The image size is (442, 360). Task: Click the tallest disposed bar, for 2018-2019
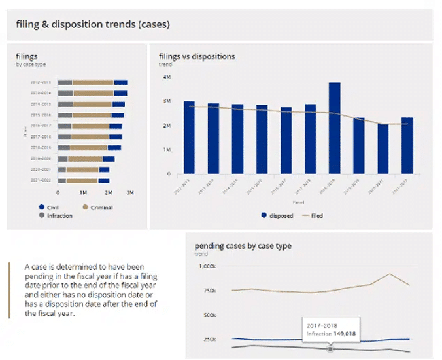(334, 128)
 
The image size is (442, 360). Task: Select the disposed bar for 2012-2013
(189, 137)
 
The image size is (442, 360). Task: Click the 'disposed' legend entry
(280, 215)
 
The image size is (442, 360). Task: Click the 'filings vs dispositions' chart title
(197, 56)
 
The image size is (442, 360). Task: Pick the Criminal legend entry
(97, 207)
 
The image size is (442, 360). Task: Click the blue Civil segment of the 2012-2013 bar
(120, 82)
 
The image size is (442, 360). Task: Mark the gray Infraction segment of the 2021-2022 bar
(61, 180)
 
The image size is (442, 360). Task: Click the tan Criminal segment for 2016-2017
(91, 126)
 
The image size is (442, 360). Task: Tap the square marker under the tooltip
(330, 349)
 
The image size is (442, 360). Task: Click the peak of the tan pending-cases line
(390, 274)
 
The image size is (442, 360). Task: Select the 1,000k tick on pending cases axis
(207, 266)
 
